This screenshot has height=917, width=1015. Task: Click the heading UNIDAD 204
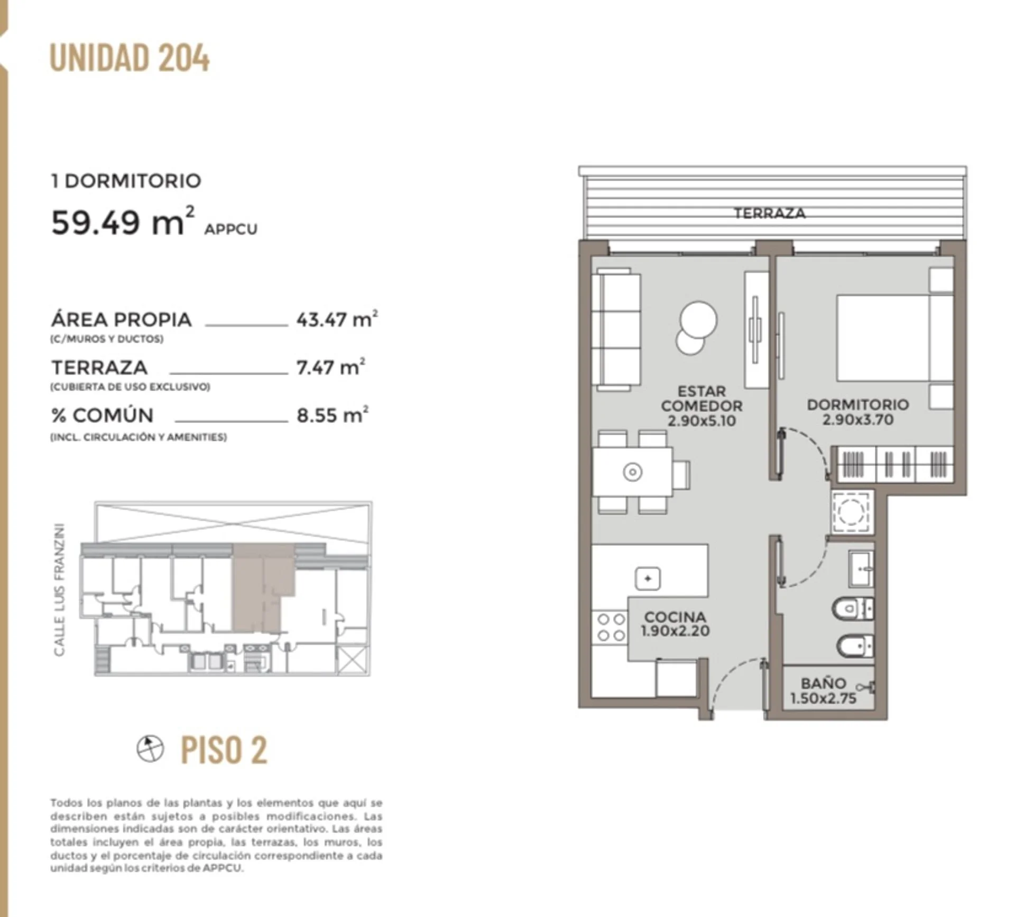click(130, 58)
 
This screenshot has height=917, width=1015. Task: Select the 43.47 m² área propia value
click(337, 319)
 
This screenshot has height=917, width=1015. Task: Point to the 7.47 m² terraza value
click(331, 367)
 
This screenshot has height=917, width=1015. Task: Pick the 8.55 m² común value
click(333, 415)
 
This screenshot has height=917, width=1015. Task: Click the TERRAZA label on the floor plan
click(769, 213)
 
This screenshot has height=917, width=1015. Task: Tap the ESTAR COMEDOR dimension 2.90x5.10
click(701, 421)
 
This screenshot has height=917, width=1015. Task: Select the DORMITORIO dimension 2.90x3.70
click(857, 419)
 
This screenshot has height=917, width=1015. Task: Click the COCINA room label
click(675, 616)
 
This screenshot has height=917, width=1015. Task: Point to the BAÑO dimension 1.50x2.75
click(823, 698)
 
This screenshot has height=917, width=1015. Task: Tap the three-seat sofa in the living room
click(616, 330)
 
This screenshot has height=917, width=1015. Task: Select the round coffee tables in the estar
click(696, 327)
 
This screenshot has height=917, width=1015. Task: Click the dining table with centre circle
click(633, 472)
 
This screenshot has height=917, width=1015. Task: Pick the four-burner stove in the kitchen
click(610, 627)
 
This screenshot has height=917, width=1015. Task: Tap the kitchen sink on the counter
click(648, 578)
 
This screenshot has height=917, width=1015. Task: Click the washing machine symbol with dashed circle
click(852, 511)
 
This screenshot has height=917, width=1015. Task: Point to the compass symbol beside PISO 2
click(150, 748)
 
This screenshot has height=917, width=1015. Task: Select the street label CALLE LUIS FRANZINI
click(59, 591)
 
